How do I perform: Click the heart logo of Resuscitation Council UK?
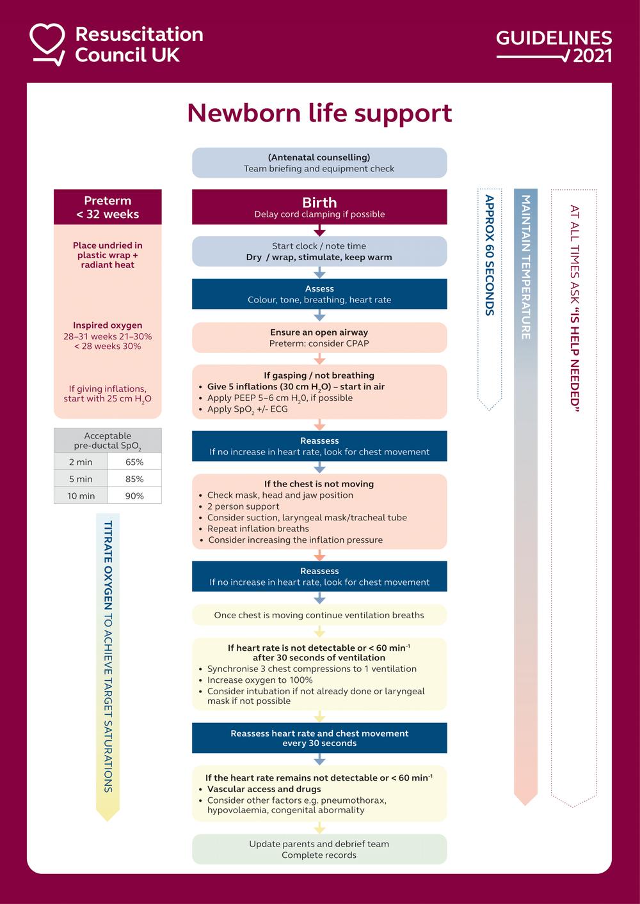click(47, 43)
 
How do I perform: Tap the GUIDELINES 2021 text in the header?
click(554, 47)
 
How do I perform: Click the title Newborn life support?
click(319, 113)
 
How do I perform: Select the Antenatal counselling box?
click(319, 163)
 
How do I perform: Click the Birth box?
click(319, 207)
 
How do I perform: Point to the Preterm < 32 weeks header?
click(108, 207)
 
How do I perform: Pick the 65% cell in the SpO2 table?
click(134, 462)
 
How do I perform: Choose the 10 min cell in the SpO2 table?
click(81, 496)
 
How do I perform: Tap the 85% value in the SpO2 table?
click(134, 479)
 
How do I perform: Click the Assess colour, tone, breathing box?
click(319, 294)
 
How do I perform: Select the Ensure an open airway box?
click(319, 338)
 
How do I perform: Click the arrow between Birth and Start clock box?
click(319, 231)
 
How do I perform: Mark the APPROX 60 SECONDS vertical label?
click(490, 255)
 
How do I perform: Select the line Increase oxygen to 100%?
click(260, 680)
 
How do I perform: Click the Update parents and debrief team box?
click(319, 850)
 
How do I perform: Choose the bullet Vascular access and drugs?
click(264, 789)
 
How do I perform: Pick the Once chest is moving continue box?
click(319, 615)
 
